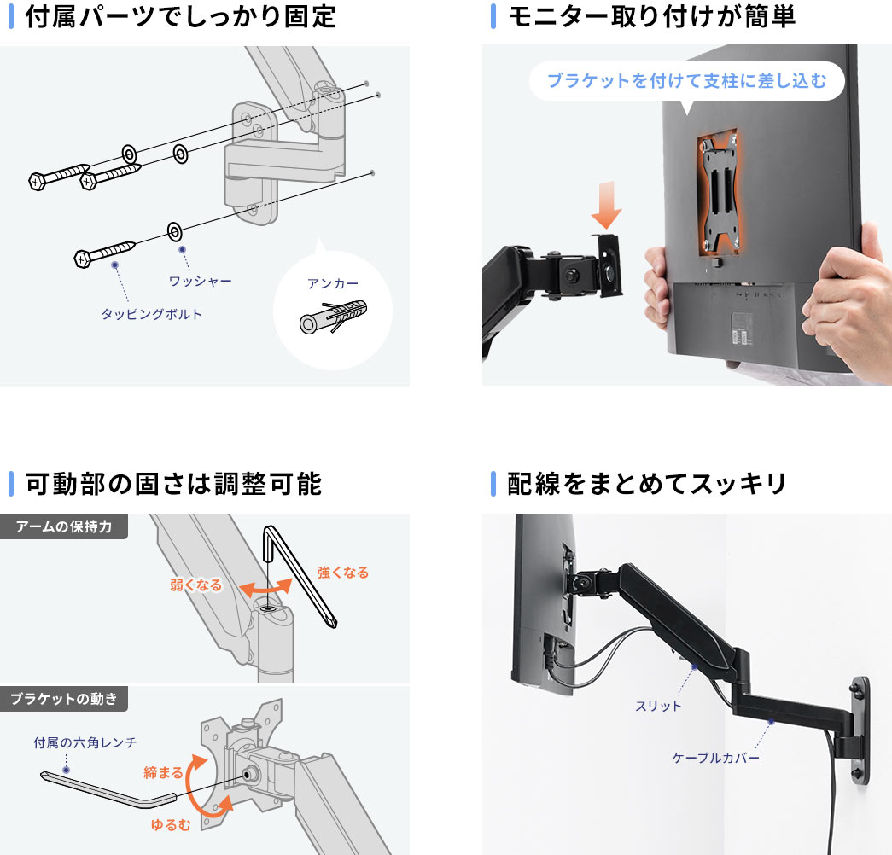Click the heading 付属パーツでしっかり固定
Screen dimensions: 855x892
point(180,17)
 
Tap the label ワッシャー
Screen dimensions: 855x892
point(200,280)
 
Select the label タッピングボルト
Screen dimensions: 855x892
point(152,314)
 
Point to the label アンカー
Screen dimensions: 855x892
point(333,284)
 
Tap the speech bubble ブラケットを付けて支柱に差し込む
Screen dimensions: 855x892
point(686,82)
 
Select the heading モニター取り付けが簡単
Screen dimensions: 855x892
point(651,17)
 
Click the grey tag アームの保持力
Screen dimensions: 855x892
point(63,526)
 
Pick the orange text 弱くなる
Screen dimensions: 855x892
point(195,585)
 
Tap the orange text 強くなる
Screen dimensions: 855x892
point(342,573)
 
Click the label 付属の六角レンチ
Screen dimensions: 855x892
point(85,742)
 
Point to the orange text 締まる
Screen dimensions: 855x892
point(163,772)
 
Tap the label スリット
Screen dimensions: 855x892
point(658,706)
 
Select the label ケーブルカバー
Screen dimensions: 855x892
point(715,757)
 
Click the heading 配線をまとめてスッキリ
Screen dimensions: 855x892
point(646,484)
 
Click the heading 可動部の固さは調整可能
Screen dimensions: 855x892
point(173,484)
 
